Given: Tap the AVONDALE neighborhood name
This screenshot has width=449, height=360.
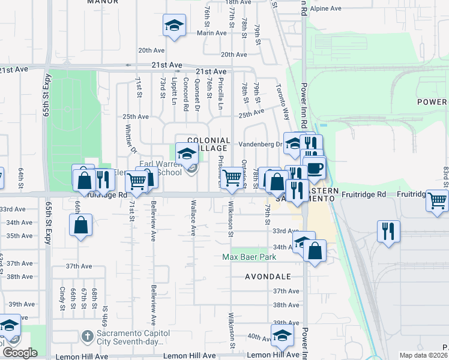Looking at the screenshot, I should [x=268, y=277].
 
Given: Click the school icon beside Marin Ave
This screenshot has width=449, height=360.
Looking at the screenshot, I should [x=174, y=25].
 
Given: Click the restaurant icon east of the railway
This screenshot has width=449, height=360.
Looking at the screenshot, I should [x=388, y=230].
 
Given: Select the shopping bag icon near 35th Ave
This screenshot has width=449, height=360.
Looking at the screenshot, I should [x=81, y=226].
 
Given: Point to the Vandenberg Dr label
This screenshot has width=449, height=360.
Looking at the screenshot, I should [x=260, y=145].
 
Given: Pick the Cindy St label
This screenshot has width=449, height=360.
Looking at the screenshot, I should [x=62, y=298].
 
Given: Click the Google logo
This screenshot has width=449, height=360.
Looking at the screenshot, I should [x=20, y=353].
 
